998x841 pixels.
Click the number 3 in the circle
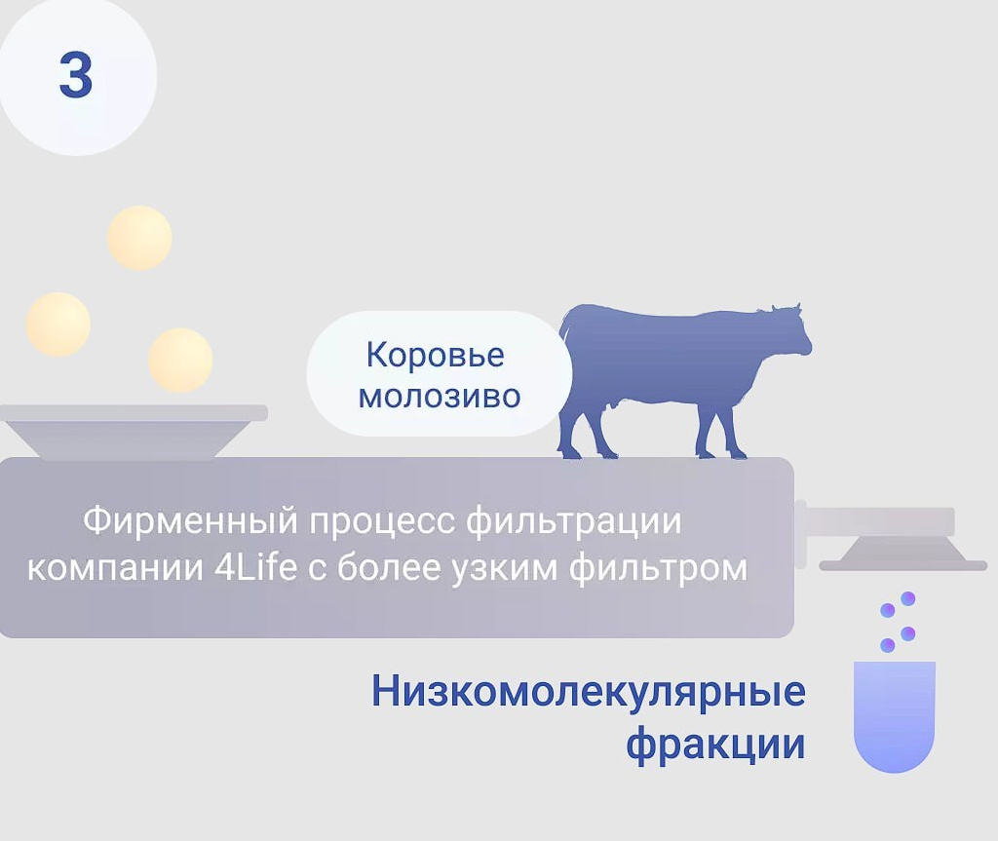(x=75, y=75)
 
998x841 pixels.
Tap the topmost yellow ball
(x=139, y=238)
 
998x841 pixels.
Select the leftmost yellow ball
(x=58, y=324)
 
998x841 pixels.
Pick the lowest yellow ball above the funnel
(x=180, y=360)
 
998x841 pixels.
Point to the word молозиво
(x=439, y=397)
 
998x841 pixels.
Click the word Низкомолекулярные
(x=588, y=693)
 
